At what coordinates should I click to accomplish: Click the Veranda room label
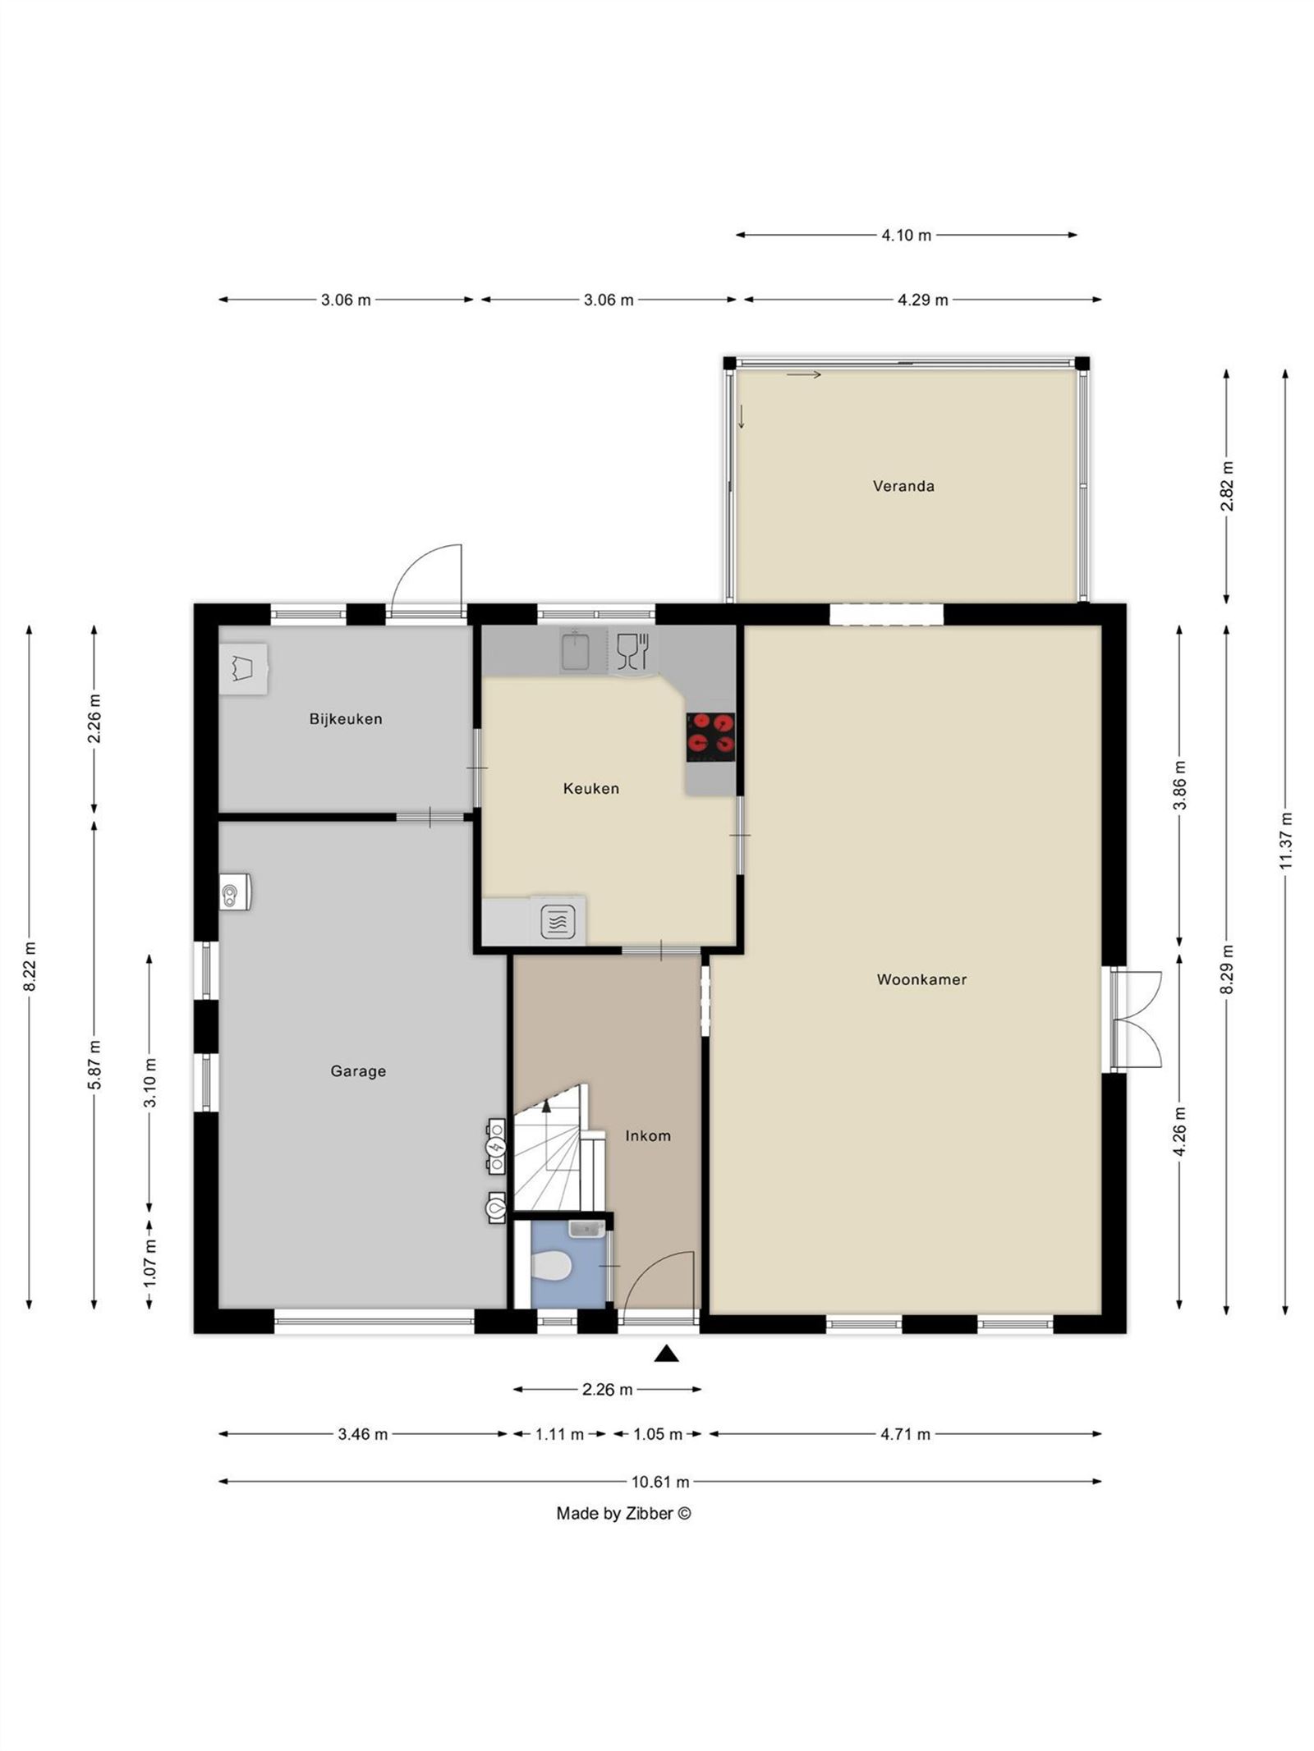pos(903,486)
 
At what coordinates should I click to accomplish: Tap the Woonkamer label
pos(921,979)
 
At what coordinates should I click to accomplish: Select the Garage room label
pos(357,1070)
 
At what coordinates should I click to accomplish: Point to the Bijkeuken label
pos(345,718)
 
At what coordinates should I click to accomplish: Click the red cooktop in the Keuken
pos(710,733)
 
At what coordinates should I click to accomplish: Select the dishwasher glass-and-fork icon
pos(632,651)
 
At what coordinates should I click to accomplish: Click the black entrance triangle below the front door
pos(667,1354)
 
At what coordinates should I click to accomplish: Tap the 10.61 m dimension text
pos(659,1482)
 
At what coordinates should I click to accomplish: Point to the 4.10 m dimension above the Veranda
pos(906,235)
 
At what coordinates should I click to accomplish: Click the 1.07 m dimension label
pos(149,1262)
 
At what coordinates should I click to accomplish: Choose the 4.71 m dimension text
pos(905,1434)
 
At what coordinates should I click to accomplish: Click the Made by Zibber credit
pos(623,1513)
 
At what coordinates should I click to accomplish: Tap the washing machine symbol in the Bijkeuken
pos(243,668)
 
